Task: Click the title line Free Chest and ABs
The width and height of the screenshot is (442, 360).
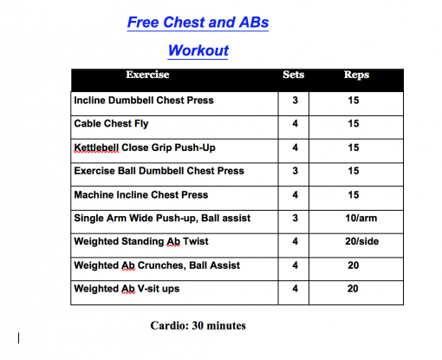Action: click(x=198, y=23)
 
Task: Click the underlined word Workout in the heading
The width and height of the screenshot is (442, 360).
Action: click(x=198, y=50)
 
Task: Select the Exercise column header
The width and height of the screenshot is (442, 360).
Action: click(x=147, y=75)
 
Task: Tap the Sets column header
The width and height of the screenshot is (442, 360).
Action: click(x=294, y=75)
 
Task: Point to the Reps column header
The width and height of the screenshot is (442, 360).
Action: click(x=355, y=75)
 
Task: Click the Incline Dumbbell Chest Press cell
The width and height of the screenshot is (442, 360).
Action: click(x=144, y=101)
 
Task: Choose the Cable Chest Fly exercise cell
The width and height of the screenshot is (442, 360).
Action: click(x=112, y=124)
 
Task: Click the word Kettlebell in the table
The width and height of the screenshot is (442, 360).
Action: click(x=96, y=147)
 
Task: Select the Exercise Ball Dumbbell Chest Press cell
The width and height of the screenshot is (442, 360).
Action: click(x=159, y=171)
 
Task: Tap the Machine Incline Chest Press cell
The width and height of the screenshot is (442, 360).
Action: click(x=140, y=194)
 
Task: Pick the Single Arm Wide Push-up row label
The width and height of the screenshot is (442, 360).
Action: click(x=162, y=218)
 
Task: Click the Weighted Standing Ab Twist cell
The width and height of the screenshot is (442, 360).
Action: click(x=141, y=241)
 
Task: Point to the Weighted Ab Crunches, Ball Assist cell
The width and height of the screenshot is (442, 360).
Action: click(x=157, y=265)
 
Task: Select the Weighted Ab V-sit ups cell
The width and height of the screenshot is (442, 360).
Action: click(x=127, y=288)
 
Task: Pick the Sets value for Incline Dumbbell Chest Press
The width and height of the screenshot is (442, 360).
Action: click(x=295, y=101)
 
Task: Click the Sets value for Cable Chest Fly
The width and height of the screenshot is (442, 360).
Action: click(x=295, y=124)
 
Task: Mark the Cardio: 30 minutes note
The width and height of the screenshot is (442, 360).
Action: click(x=198, y=326)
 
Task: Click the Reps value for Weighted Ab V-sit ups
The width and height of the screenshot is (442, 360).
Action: click(x=354, y=288)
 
